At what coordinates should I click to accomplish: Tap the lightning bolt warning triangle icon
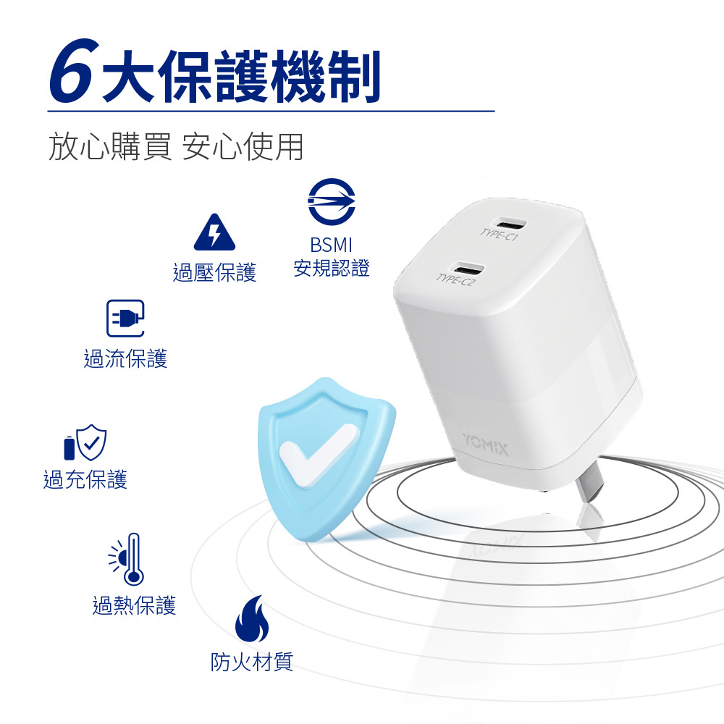click(214, 232)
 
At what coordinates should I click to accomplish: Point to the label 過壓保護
click(214, 273)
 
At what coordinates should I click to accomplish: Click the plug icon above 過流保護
click(125, 319)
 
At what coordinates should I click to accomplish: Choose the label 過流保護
click(125, 358)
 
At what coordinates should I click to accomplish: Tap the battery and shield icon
click(85, 442)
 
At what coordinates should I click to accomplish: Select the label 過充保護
click(85, 479)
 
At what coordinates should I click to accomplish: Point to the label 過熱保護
click(134, 605)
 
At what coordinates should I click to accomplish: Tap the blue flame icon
click(251, 620)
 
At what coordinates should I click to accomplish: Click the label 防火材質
click(251, 661)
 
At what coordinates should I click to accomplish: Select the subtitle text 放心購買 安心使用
click(175, 146)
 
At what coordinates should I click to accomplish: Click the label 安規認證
click(332, 269)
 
